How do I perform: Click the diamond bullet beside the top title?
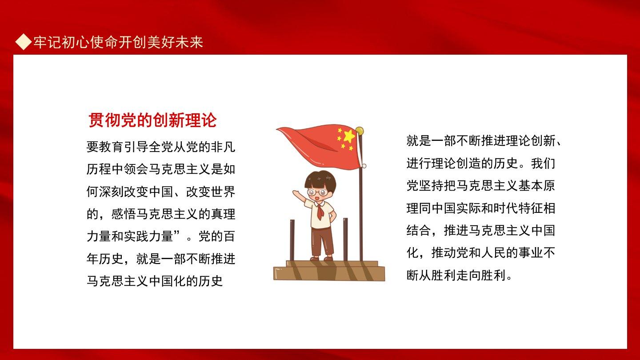(24, 42)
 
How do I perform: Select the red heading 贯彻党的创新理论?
(152, 120)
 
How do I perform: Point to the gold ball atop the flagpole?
(360, 131)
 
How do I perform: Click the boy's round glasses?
(317, 192)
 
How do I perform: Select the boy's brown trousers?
(322, 241)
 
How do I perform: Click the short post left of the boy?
(292, 240)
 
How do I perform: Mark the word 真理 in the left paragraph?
(223, 214)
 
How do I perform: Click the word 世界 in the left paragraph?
(223, 192)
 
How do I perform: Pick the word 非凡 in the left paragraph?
(223, 147)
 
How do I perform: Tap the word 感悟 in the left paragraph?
(124, 214)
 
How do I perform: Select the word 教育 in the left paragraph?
(111, 147)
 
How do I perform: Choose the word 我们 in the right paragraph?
(543, 164)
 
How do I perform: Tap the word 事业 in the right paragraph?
(531, 253)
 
